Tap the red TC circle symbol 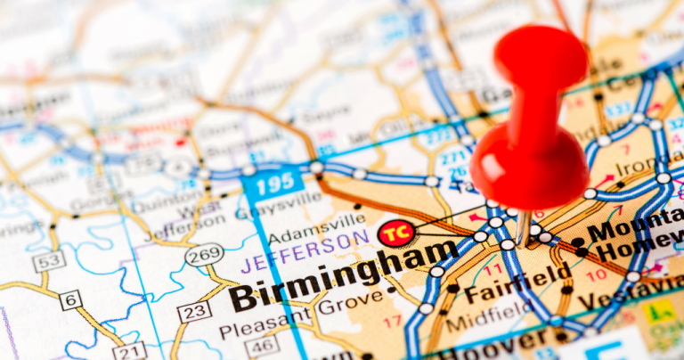(x=395, y=233)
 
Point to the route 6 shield (x=70, y=299)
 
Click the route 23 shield (x=194, y=312)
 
